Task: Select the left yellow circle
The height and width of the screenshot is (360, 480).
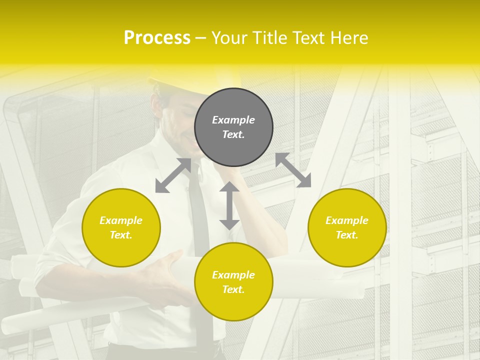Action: point(121,227)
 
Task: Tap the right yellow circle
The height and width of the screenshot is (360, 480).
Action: point(347,227)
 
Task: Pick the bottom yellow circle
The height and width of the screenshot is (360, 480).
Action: point(233,281)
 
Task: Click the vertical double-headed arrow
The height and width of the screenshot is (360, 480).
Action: point(229,205)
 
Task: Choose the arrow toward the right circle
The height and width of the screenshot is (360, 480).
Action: point(293,170)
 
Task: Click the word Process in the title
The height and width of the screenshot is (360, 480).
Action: point(157,38)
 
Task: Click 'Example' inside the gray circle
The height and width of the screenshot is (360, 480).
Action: point(233,120)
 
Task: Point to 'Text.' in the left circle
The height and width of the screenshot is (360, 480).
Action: point(121,235)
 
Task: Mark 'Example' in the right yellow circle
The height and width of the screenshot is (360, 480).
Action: point(347,220)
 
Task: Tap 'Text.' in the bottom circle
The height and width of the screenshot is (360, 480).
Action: point(233,289)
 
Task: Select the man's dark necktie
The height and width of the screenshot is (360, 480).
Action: point(199,215)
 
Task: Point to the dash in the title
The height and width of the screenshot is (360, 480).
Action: point(201,38)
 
